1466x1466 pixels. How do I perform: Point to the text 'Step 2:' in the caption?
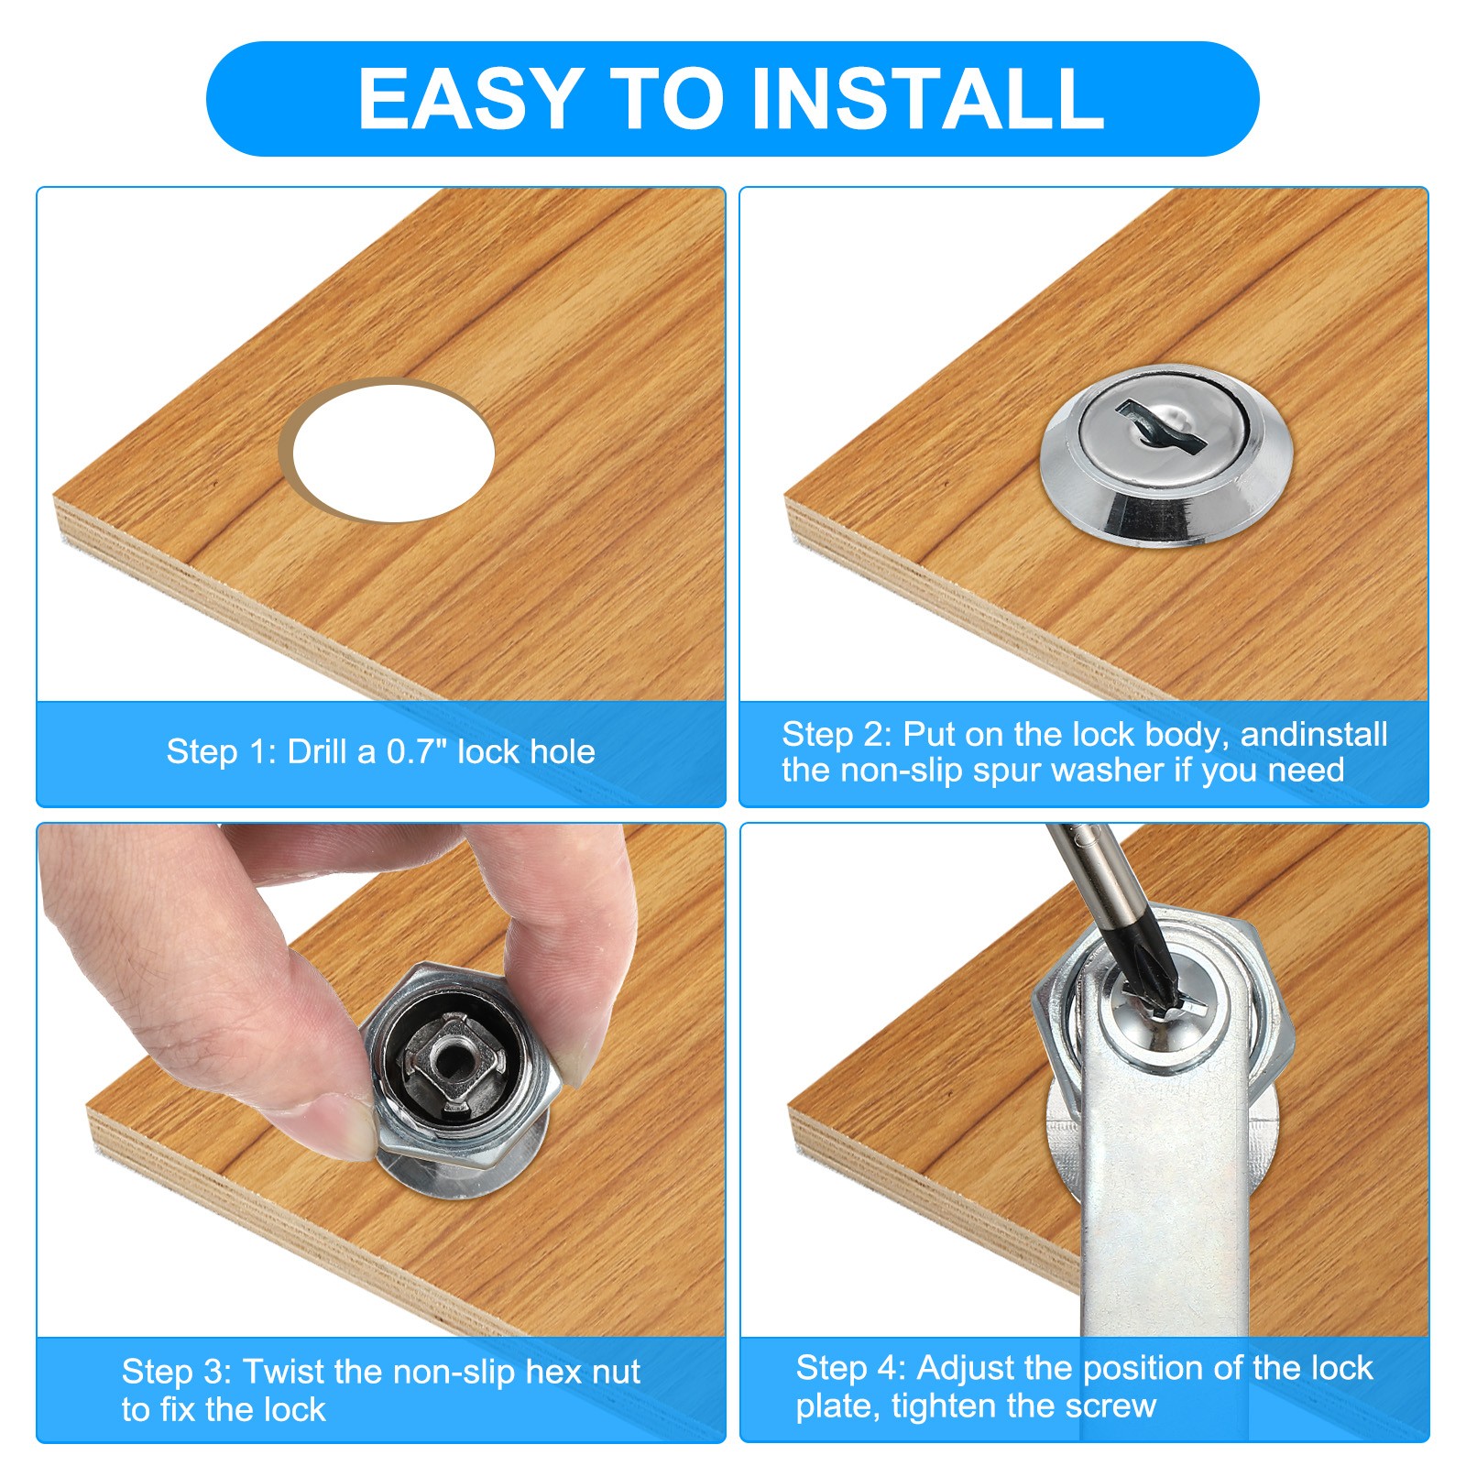click(837, 734)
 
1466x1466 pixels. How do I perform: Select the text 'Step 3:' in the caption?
click(177, 1372)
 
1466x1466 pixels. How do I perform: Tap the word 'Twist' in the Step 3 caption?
click(284, 1372)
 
